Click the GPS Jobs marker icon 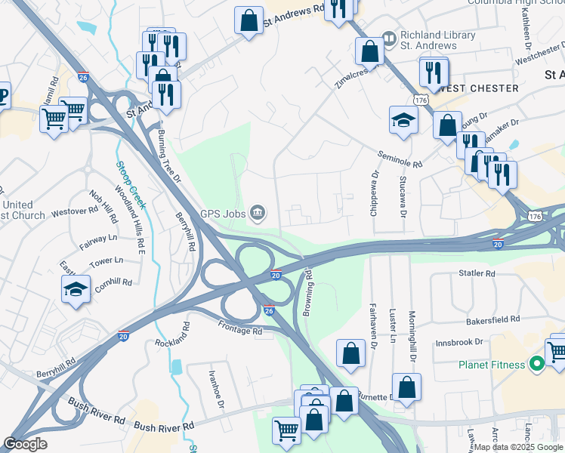258,214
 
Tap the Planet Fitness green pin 537,365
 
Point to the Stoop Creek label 131,185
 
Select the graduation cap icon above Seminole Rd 403,119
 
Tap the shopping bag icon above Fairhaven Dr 351,353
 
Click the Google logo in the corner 26,444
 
